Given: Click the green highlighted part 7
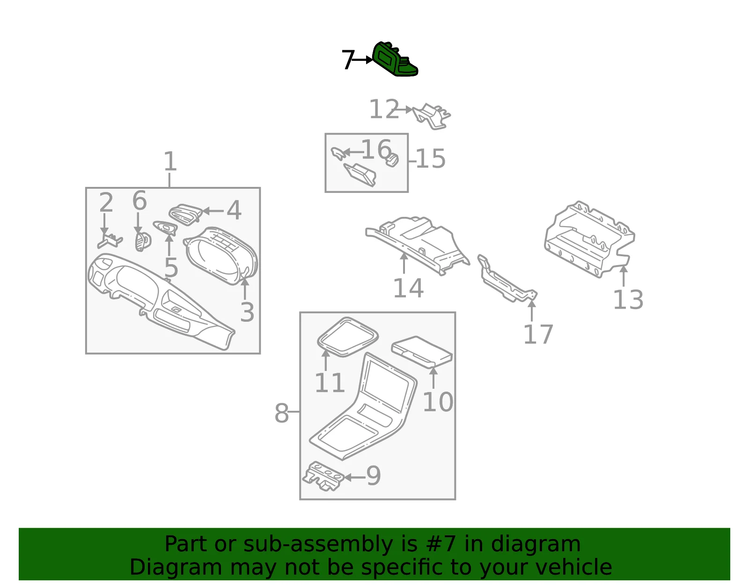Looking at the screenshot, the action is tap(395, 59).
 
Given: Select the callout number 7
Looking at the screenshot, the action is tap(348, 59).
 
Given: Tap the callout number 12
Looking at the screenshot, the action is tap(384, 109).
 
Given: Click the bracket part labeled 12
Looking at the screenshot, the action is tap(432, 116).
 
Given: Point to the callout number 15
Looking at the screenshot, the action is tap(431, 159).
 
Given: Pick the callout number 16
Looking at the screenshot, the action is tap(376, 149).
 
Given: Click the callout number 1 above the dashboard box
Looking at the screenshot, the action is tap(170, 161).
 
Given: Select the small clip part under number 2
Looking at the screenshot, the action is tap(110, 240).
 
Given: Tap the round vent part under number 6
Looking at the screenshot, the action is tap(143, 241).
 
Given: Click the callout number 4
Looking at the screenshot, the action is tap(234, 210).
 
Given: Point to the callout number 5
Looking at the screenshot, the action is tap(171, 267).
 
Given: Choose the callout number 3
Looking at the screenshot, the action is tap(247, 312).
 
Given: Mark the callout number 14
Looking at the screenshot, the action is tap(408, 288).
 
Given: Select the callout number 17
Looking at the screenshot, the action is tap(538, 334).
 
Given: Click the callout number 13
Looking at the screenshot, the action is tap(628, 300).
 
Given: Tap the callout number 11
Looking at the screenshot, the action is tap(330, 383).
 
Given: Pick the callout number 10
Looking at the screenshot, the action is tap(438, 402).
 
